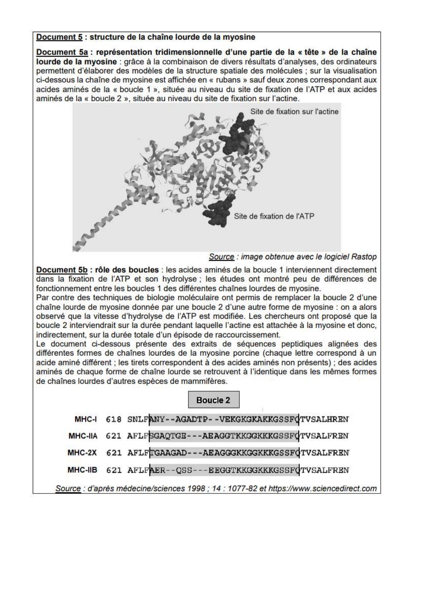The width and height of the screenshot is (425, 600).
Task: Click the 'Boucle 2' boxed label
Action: coord(213,400)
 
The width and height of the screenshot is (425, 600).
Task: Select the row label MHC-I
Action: coord(86,419)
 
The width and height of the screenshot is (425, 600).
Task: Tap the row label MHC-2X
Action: coord(82,453)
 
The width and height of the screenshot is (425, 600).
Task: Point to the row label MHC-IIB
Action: coord(82,470)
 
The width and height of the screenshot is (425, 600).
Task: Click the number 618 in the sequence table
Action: coord(114,419)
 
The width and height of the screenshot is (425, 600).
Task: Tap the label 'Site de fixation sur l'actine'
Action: coord(294,112)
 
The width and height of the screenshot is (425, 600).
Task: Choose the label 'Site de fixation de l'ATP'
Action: coord(274,216)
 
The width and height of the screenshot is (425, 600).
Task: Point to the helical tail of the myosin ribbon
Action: coord(96,228)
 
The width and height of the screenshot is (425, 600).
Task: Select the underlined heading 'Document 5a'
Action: coord(62,52)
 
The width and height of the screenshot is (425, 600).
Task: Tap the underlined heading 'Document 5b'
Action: coord(62,270)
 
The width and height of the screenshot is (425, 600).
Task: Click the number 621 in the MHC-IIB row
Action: coord(114,470)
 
